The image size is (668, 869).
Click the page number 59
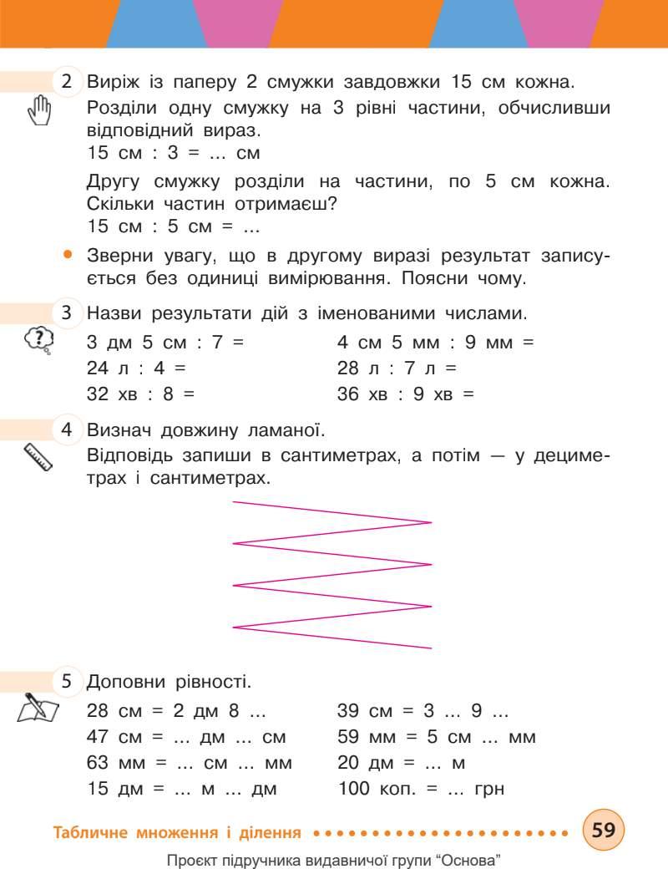click(x=603, y=830)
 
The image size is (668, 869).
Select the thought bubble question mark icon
click(x=39, y=339)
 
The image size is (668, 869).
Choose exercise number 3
click(x=67, y=314)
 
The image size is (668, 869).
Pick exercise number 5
click(x=67, y=682)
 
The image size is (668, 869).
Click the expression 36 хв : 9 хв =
click(x=405, y=393)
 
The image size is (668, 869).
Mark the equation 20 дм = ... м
click(x=401, y=762)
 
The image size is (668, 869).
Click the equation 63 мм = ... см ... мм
click(x=190, y=762)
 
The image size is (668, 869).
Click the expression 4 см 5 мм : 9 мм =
click(x=435, y=343)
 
